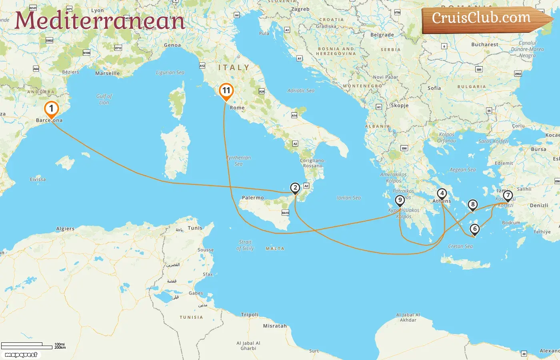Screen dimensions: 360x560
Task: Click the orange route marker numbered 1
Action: [51, 109]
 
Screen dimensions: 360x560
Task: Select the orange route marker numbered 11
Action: [226, 91]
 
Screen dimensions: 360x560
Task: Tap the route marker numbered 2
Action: [295, 188]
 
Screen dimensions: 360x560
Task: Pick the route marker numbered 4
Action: [442, 194]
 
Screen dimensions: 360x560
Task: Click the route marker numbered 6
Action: [474, 229]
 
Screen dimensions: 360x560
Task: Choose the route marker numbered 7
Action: [508, 196]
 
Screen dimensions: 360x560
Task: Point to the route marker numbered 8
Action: [472, 205]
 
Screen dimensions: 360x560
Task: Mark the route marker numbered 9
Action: [400, 200]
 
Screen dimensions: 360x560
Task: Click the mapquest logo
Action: [21, 355]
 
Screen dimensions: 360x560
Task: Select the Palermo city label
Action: [253, 198]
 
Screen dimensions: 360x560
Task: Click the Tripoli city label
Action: [250, 315]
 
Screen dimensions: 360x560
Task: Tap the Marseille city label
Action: [107, 73]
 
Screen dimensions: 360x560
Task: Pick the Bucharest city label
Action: [485, 44]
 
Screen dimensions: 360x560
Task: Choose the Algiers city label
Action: [65, 229]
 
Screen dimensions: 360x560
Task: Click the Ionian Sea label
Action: [349, 198]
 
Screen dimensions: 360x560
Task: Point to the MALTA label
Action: [275, 248]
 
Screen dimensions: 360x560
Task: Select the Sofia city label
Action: [434, 88]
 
